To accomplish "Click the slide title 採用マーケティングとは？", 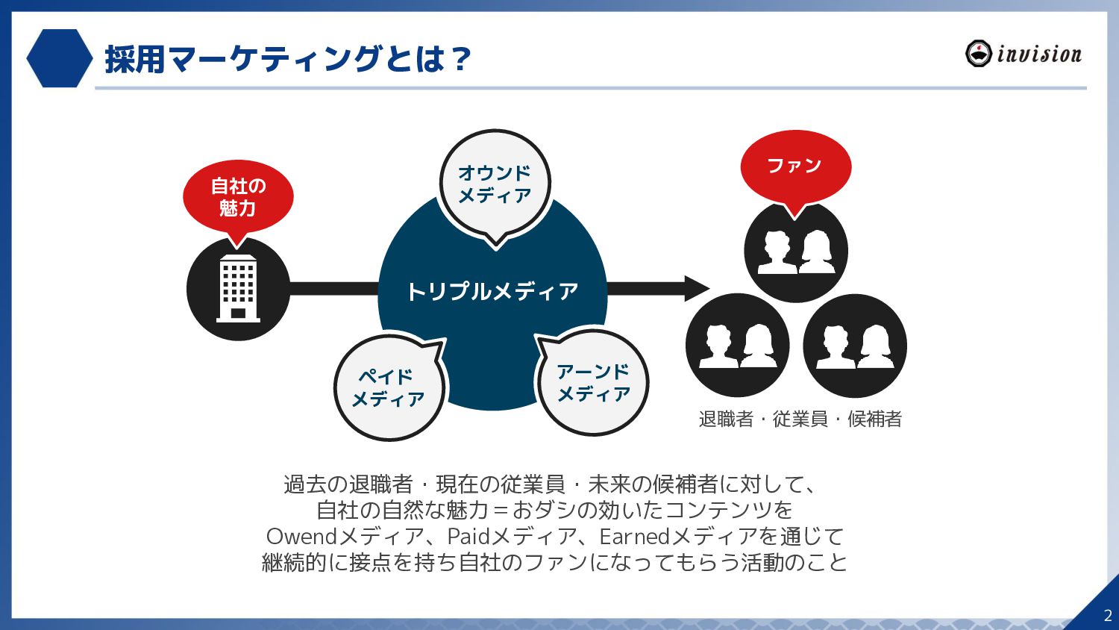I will (288, 59).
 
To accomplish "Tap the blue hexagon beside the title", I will (59, 58).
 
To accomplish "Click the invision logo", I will (1024, 54).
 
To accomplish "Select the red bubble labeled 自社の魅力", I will (238, 197).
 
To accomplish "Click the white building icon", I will (238, 289).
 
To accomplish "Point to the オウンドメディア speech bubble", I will (495, 184).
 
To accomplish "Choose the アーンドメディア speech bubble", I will (593, 383).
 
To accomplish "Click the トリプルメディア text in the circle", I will (492, 291).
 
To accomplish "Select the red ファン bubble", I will (795, 166).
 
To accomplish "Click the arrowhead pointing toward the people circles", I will (696, 289).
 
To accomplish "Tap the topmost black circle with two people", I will (796, 252).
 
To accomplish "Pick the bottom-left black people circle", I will (737, 346).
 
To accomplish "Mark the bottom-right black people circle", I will (855, 346).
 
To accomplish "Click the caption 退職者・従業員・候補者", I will (800, 419).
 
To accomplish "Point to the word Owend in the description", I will (301, 536).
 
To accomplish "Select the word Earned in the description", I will (634, 536).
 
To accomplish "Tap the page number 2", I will (1107, 616).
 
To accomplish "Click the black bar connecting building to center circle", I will (333, 289).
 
